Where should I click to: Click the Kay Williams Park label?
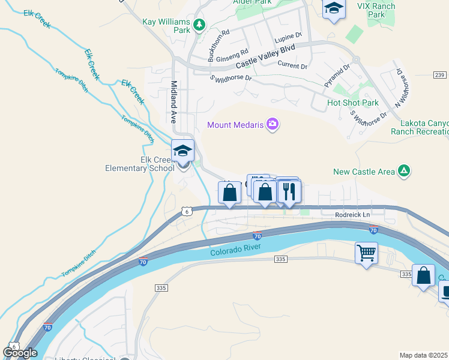pyautogui.click(x=166, y=26)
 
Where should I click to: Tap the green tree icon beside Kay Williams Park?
pyautogui.click(x=199, y=25)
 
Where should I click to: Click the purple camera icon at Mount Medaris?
pyautogui.click(x=273, y=124)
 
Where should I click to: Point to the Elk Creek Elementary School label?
pyautogui.click(x=152, y=164)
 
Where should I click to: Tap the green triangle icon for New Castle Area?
pyautogui.click(x=405, y=172)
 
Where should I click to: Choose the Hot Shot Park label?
pyautogui.click(x=353, y=103)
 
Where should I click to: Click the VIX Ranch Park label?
pyautogui.click(x=376, y=10)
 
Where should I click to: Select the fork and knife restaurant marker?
pyautogui.click(x=289, y=192)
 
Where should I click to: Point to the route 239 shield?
pyautogui.click(x=440, y=75)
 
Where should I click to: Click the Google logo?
pyautogui.click(x=20, y=353)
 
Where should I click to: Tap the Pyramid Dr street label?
pyautogui.click(x=337, y=76)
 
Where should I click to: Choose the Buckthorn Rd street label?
pyautogui.click(x=217, y=46)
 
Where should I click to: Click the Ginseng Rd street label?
pyautogui.click(x=232, y=55)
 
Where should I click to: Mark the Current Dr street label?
pyautogui.click(x=292, y=66)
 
